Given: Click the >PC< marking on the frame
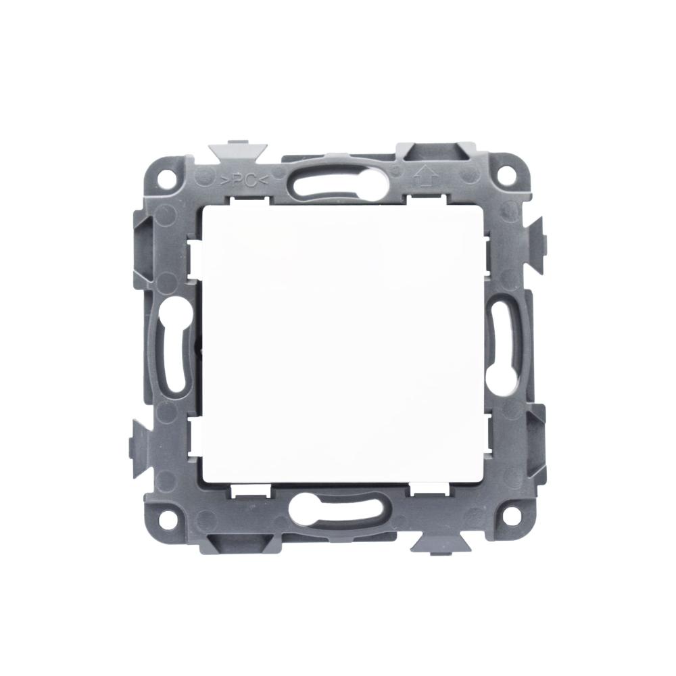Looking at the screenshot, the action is tap(244, 181).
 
